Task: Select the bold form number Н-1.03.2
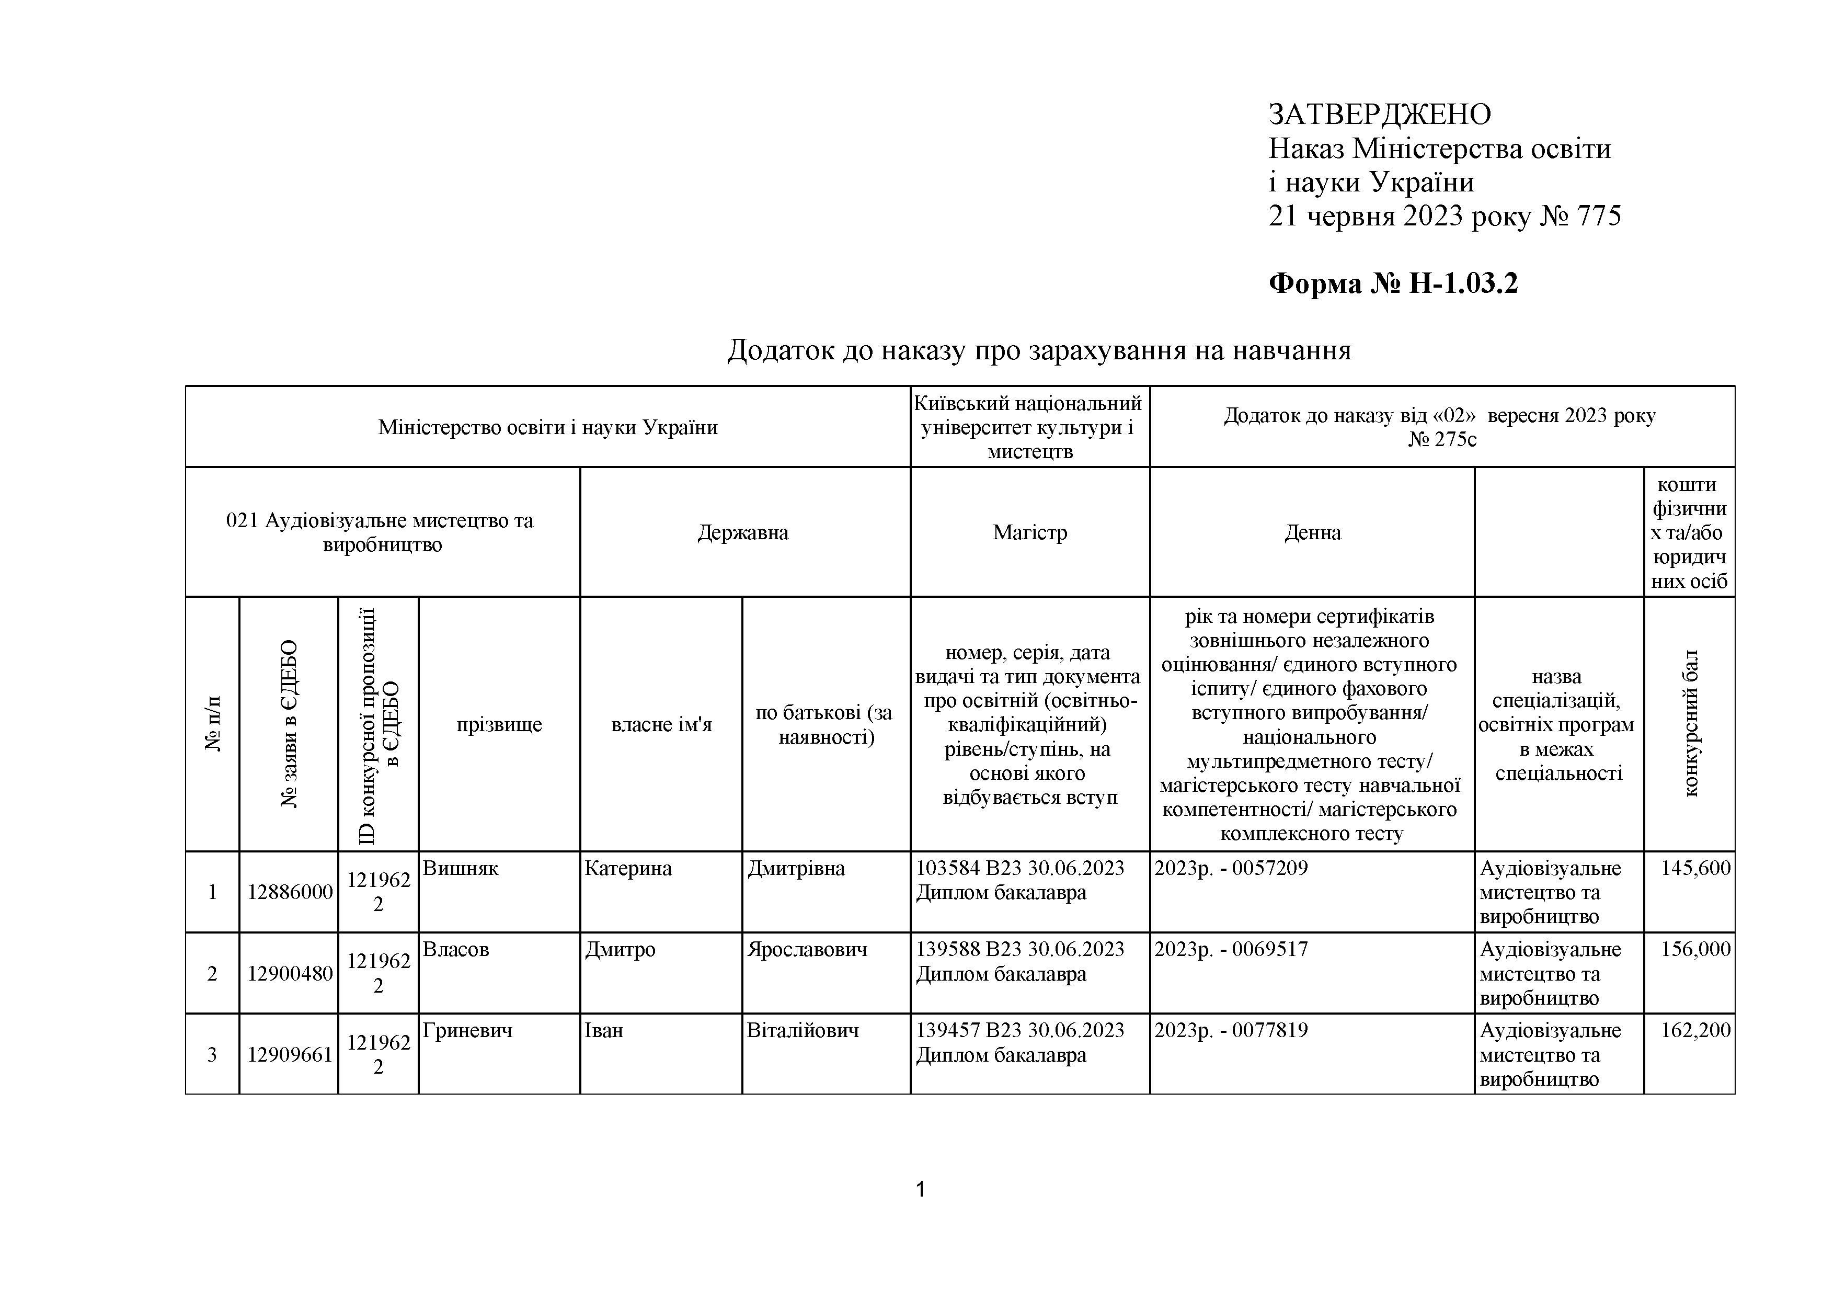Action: pos(1463,283)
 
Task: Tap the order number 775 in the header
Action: pos(1598,217)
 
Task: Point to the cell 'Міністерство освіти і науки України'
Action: pos(547,427)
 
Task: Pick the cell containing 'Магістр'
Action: pos(1029,532)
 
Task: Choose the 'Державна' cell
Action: pos(743,532)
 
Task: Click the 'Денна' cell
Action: pos(1312,532)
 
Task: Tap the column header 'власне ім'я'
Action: pos(661,725)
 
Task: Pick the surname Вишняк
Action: pos(460,869)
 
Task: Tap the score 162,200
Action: pos(1695,1030)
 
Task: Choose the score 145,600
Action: pos(1695,869)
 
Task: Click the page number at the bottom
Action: pos(920,1190)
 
